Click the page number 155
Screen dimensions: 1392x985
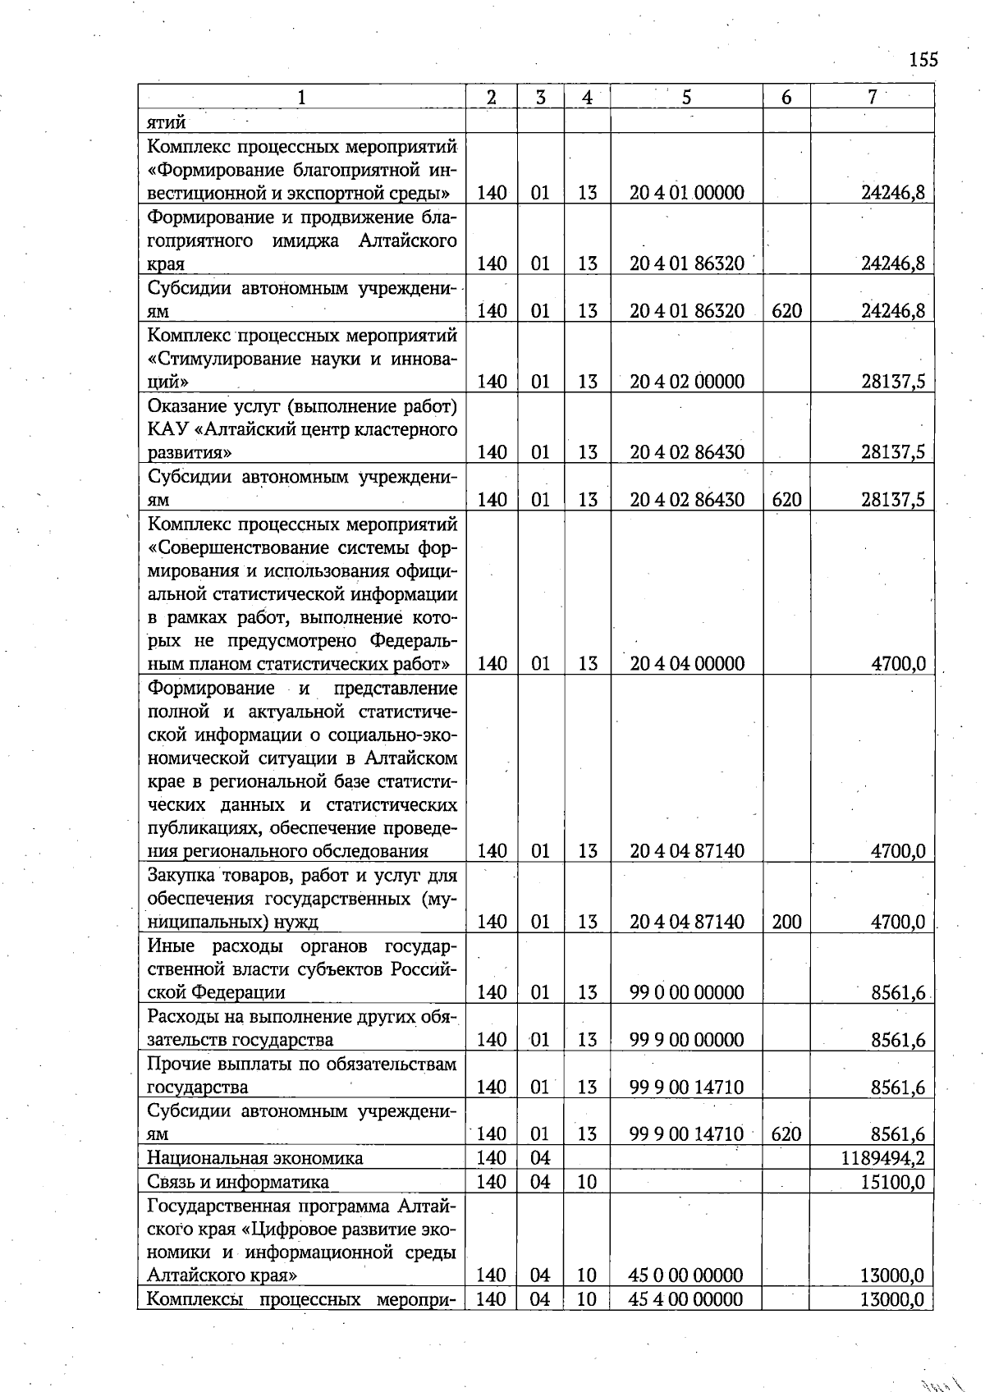[923, 60]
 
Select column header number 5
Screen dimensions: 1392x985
[686, 97]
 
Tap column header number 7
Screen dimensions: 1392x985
[873, 97]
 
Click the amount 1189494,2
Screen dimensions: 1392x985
[883, 1158]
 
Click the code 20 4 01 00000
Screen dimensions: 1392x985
[687, 193]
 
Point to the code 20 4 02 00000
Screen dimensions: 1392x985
[687, 382]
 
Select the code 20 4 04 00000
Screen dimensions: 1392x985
[687, 663]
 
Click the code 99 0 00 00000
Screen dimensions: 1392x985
[687, 992]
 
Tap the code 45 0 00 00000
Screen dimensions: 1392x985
[685, 1275]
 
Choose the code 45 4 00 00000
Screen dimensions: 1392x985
[685, 1299]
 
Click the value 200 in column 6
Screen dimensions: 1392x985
[786, 922]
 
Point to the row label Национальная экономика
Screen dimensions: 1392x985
[254, 1158]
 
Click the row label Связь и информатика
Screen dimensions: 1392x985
[238, 1182]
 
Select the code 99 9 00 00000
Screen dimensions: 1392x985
[687, 1040]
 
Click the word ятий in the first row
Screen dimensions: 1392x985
[166, 122]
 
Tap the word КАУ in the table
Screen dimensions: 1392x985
[169, 429]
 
